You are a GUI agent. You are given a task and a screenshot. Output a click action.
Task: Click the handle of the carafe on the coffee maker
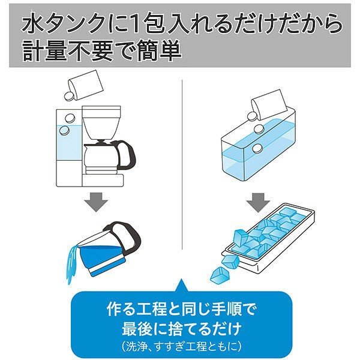click(x=127, y=154)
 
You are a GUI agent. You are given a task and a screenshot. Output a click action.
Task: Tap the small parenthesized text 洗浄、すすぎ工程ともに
click(x=181, y=346)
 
